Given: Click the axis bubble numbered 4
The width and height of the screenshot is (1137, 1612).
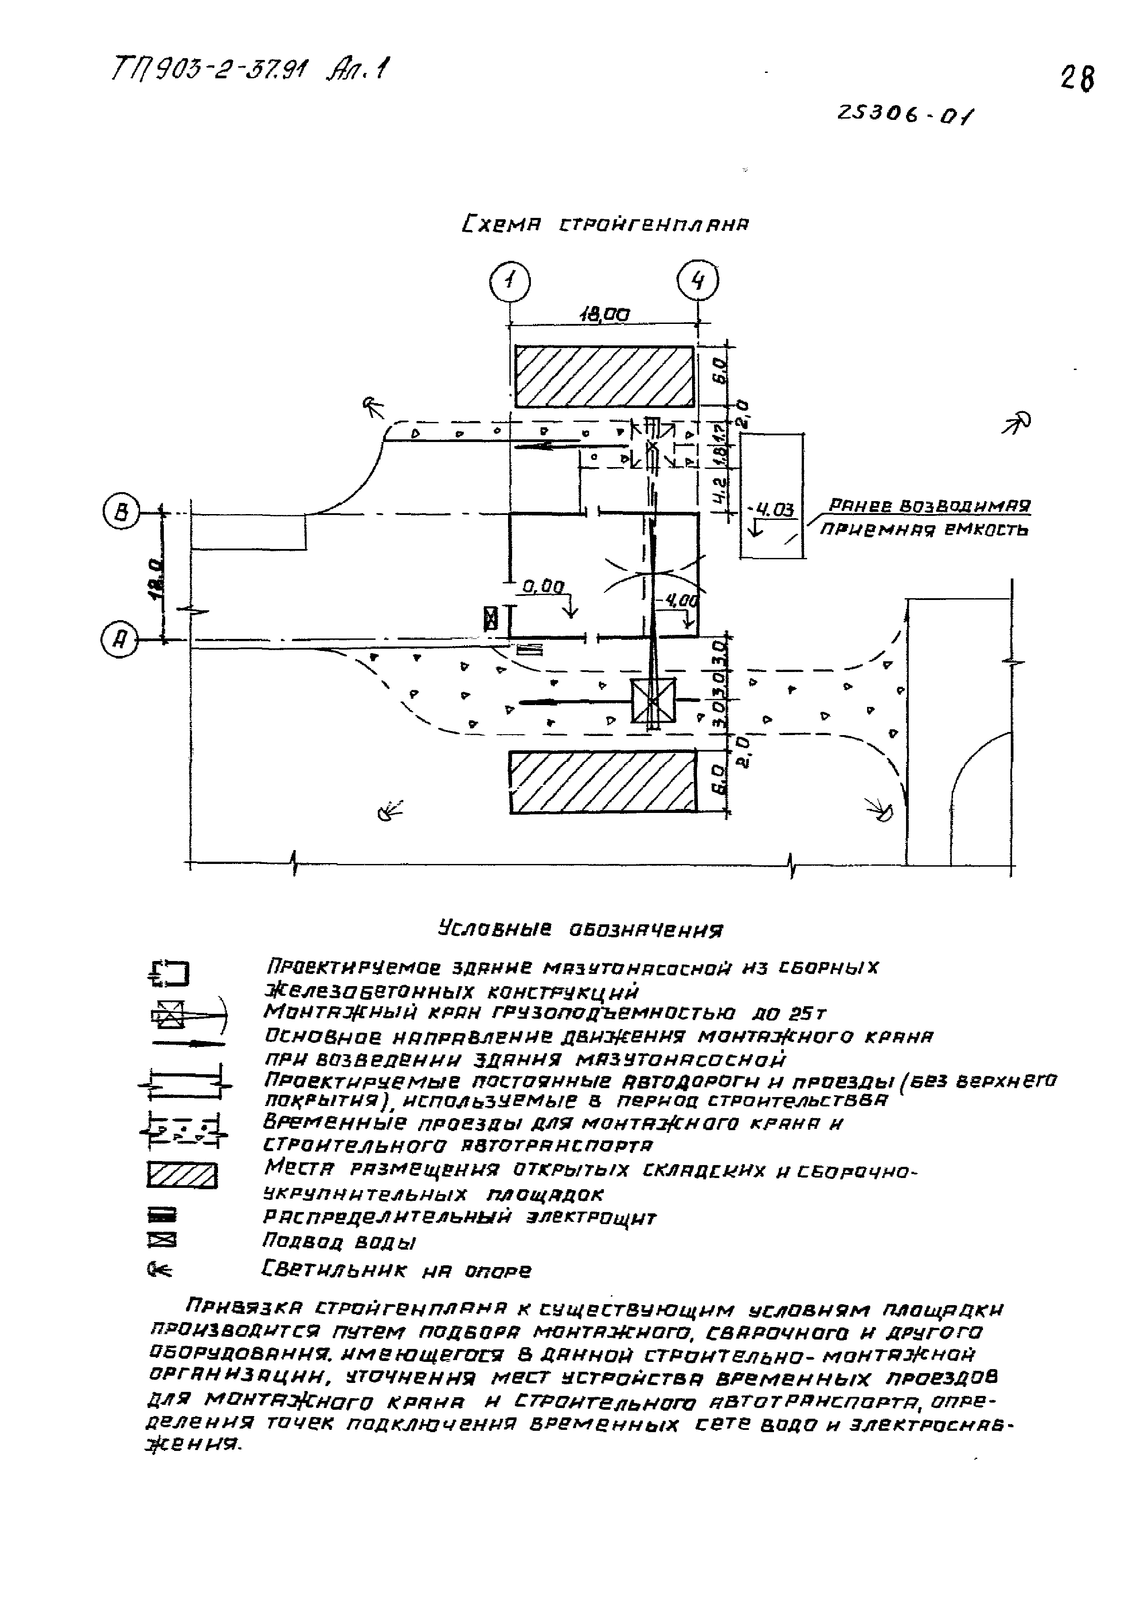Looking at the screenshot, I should (x=697, y=281).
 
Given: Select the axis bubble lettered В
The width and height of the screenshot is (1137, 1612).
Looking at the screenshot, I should (x=121, y=513).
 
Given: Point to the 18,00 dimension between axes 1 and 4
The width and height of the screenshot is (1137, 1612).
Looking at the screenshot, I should (x=604, y=315).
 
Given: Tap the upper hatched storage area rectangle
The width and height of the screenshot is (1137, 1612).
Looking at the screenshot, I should (x=604, y=377).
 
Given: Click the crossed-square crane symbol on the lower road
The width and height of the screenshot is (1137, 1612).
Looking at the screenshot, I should (x=653, y=700).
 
